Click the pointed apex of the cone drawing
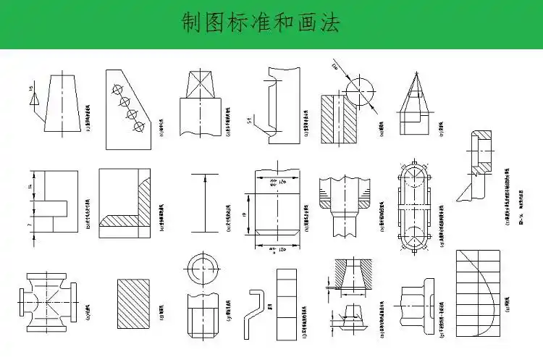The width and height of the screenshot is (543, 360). (416, 72)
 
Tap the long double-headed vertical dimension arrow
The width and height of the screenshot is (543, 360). (204, 203)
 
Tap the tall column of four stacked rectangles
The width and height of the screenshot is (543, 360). (287, 304)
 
